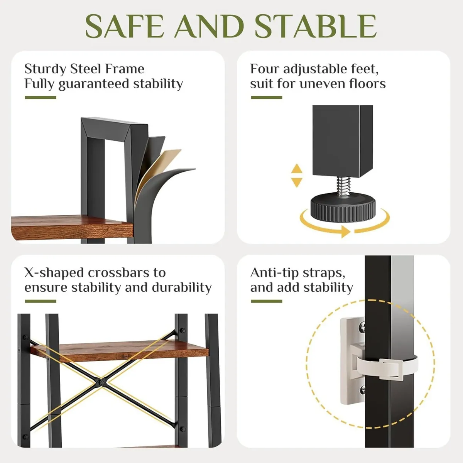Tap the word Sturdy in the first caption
click(45, 69)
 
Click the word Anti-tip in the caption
click(274, 273)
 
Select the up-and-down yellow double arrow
click(296, 176)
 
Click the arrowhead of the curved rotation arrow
click(345, 231)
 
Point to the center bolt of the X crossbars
click(102, 383)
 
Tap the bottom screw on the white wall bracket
click(362, 390)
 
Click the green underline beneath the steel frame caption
click(41, 98)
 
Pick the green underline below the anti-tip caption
click(266, 301)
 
